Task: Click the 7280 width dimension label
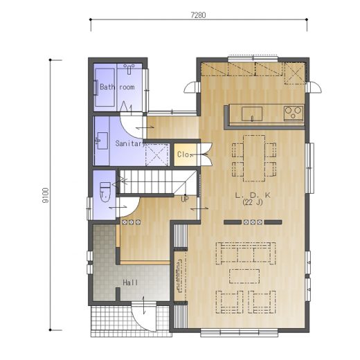198,15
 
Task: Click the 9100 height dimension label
46,195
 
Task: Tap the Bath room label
117,87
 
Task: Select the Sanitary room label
130,143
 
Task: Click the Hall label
130,282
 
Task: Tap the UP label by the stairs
185,199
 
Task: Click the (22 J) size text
253,202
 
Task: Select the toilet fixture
105,192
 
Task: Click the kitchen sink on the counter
252,114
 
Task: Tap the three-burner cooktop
294,113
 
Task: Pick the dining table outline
254,159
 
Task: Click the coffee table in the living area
244,276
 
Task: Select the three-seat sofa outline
246,253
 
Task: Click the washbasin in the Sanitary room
102,141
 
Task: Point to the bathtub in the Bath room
105,87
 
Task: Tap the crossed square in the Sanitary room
156,154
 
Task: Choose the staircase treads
157,182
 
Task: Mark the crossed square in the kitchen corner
295,73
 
